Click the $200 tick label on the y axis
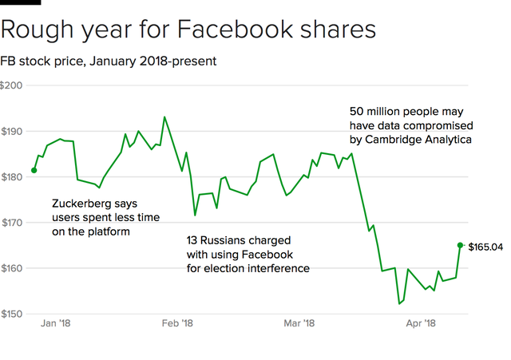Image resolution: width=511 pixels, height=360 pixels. coord(11,85)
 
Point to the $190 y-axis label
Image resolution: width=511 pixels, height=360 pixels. coord(11,131)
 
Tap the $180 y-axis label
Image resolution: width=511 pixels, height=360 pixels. coord(11,176)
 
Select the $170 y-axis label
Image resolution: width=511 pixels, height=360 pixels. coord(11,222)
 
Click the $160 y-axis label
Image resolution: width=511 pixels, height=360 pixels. coord(11,268)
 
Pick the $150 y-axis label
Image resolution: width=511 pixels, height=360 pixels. coord(11,314)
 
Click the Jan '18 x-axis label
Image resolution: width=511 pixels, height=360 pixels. coord(55,324)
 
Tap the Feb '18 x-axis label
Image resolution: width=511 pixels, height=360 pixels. coord(177,324)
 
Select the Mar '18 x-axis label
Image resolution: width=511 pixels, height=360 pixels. coord(298,324)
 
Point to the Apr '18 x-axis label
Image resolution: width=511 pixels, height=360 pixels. coord(420,324)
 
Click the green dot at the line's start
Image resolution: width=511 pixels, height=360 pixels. coord(34,170)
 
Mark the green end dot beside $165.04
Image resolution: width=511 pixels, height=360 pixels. coord(460,245)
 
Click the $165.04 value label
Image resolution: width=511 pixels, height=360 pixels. coord(485,247)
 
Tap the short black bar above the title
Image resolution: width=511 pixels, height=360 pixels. coord(20,2)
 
